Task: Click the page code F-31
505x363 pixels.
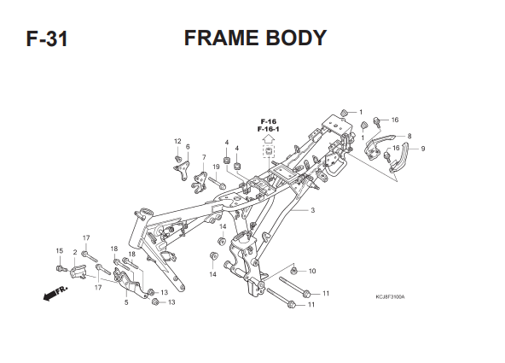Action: (x=47, y=39)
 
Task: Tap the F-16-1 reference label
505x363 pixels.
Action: (x=268, y=129)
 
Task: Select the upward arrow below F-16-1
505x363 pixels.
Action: (x=268, y=139)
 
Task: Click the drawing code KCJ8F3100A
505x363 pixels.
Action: (x=390, y=296)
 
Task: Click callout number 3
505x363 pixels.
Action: (x=312, y=210)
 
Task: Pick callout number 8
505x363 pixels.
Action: (x=409, y=136)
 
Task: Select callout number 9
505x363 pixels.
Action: (x=423, y=149)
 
